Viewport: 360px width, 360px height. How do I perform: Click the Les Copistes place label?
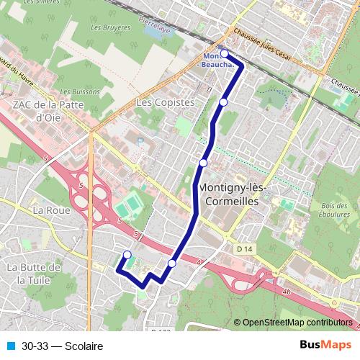165,103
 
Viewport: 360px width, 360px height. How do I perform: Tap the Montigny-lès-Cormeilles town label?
231,194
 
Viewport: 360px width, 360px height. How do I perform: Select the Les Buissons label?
75,92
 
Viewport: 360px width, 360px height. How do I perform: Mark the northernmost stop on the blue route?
224,54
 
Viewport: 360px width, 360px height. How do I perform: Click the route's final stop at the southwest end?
127,254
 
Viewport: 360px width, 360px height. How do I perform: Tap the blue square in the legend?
10,346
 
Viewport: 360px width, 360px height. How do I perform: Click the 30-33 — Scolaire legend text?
62,346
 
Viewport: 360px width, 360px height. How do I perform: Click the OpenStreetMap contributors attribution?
297,323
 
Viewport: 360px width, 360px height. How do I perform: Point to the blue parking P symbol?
140,142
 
